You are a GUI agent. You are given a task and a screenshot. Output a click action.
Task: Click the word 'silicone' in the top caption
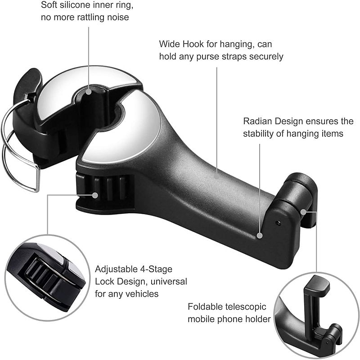point(84,5)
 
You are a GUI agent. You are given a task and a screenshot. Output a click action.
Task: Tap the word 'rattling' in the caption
point(96,18)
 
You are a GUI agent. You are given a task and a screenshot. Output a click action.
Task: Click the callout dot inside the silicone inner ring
point(89,91)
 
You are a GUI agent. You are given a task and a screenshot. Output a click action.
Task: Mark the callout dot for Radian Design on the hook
point(260,235)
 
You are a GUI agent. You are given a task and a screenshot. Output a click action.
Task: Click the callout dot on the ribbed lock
point(95,195)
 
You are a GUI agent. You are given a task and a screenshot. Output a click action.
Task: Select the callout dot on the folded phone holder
point(304,211)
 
